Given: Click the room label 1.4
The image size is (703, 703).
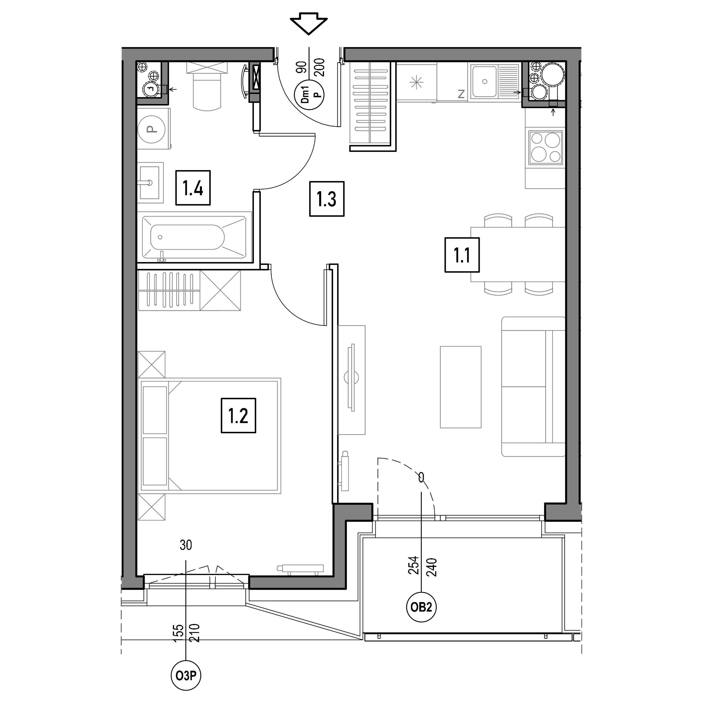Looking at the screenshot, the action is click(193, 188).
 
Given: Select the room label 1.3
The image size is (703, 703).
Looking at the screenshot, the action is click(327, 199).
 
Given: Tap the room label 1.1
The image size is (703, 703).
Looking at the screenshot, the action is click(462, 255).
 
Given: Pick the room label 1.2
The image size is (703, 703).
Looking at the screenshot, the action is click(238, 416).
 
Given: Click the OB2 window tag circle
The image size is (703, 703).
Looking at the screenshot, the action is click(421, 607).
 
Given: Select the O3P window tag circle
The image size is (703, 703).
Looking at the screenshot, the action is click(186, 676).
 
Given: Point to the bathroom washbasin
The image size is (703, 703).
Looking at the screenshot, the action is click(150, 183).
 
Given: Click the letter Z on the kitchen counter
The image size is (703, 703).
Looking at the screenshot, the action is click(461, 94).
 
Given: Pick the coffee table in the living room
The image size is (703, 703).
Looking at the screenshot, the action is click(461, 387).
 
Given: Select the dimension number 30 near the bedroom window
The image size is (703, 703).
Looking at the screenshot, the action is click(186, 545).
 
